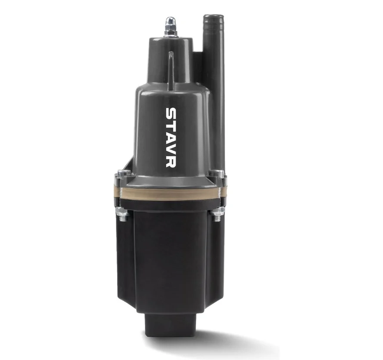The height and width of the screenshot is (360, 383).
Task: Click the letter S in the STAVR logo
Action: click(171, 114)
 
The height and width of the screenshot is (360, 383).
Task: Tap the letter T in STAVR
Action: click(171, 126)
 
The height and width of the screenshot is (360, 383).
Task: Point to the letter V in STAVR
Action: click(171, 149)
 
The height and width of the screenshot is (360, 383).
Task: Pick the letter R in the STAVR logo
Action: click(171, 162)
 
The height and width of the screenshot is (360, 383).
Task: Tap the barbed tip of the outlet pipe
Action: click(213, 19)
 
